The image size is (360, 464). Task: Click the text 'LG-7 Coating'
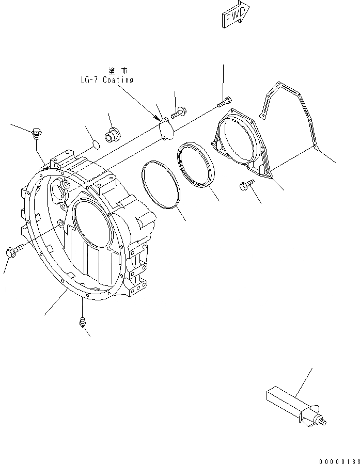[107, 80]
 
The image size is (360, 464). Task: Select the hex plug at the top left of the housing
[37, 134]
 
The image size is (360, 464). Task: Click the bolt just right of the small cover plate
[179, 110]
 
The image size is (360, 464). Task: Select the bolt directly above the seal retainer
[225, 102]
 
